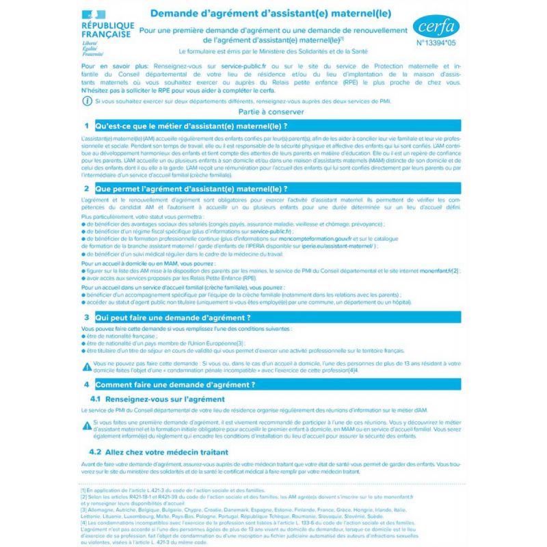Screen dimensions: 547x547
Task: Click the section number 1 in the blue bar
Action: [x=86, y=126]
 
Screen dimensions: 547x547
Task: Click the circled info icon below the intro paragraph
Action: [x=85, y=101]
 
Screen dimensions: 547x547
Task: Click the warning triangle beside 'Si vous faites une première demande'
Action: [x=85, y=425]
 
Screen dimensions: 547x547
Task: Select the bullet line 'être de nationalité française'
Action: [x=124, y=337]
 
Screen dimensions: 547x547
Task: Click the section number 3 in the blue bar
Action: [x=86, y=317]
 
